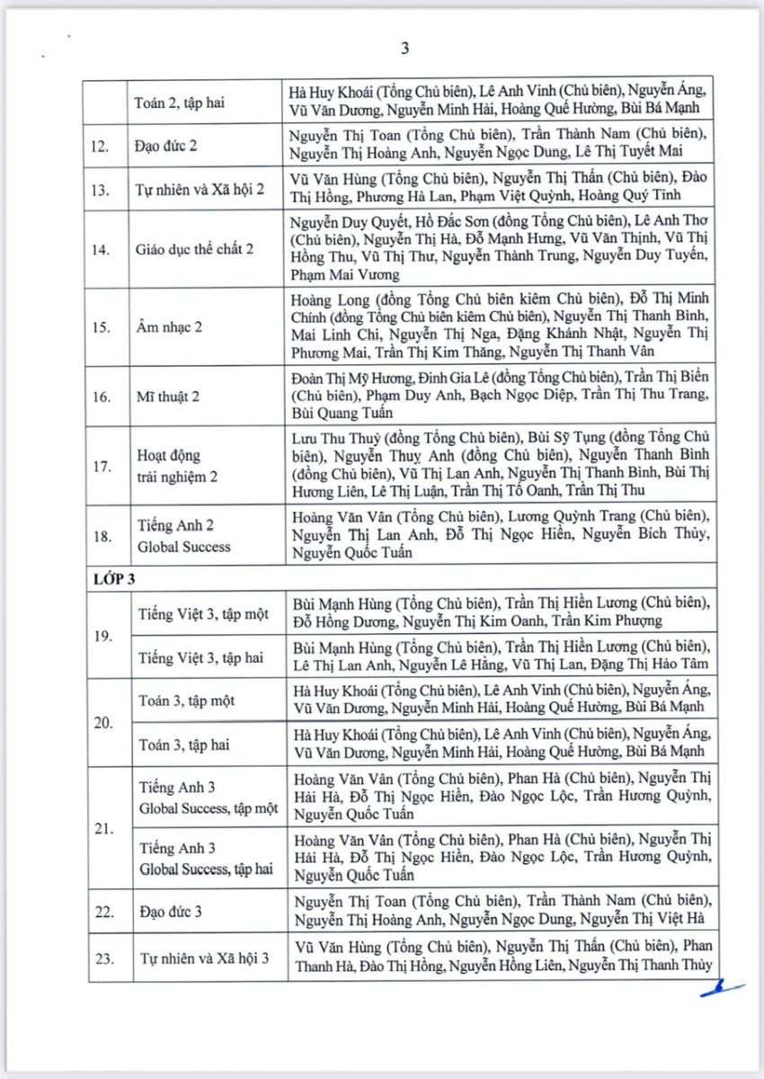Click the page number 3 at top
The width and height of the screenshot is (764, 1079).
tap(404, 49)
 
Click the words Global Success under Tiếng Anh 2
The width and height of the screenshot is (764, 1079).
tap(184, 547)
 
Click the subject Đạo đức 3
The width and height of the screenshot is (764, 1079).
tap(170, 912)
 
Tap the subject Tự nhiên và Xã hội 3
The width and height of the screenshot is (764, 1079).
tap(203, 959)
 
